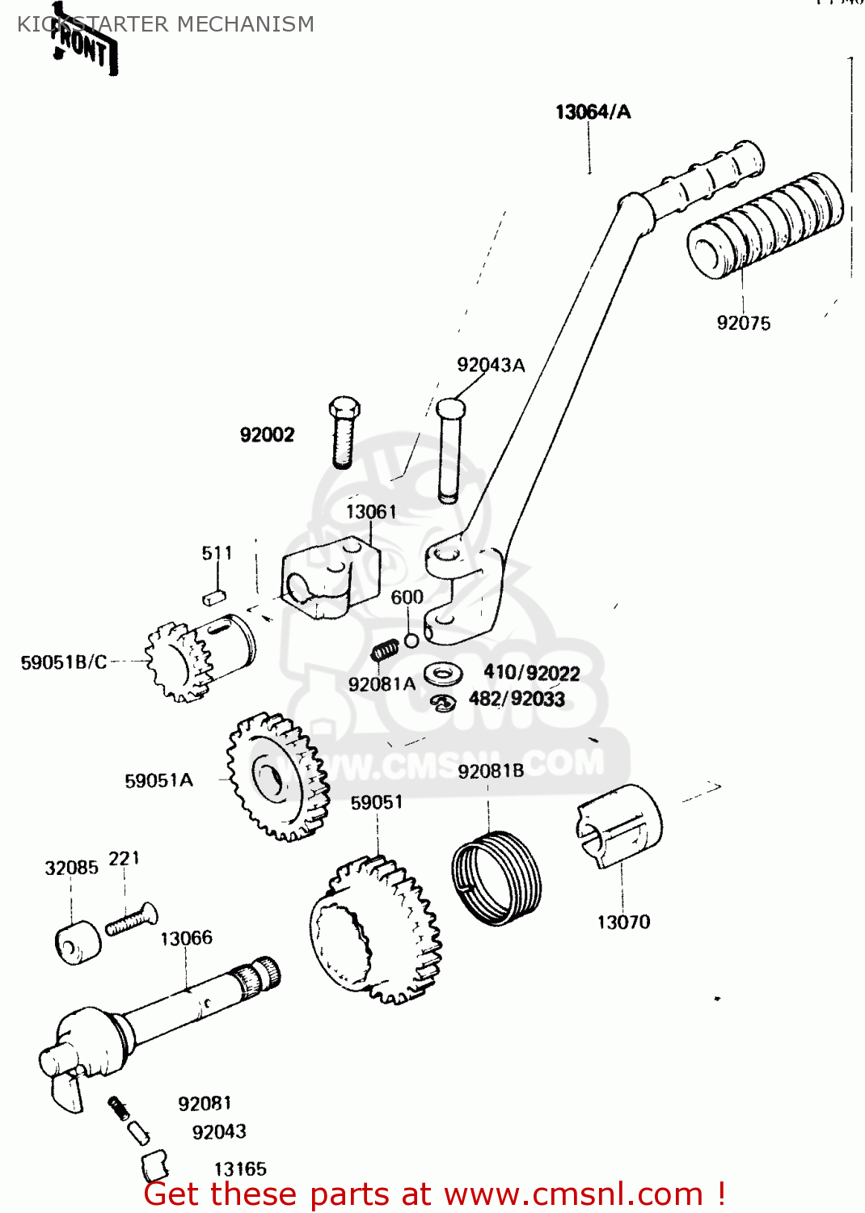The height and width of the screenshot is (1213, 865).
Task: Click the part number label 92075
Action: (743, 323)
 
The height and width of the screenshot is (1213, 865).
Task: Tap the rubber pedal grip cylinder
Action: (764, 226)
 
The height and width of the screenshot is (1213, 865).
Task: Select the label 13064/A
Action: (593, 112)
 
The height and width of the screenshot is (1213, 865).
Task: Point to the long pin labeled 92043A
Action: (449, 449)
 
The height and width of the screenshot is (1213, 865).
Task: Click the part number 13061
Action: (371, 512)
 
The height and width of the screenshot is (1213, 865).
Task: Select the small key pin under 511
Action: (212, 597)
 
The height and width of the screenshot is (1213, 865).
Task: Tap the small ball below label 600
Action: (411, 640)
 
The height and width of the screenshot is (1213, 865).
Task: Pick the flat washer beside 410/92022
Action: (442, 673)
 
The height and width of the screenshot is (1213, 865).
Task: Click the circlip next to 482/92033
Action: (443, 703)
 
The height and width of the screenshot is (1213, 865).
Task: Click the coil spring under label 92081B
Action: (496, 877)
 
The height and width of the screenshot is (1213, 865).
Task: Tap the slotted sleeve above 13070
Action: (619, 826)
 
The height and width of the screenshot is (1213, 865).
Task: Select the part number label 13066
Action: (186, 938)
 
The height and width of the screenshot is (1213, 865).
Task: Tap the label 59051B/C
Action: (64, 662)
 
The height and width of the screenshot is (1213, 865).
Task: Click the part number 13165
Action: (240, 1169)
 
